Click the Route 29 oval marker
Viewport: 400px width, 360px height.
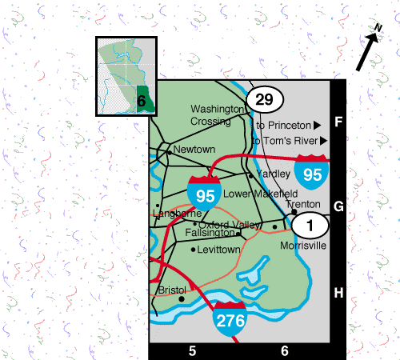pos(264,99)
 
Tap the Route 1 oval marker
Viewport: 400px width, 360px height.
pos(308,224)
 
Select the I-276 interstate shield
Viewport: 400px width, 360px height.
pos(229,318)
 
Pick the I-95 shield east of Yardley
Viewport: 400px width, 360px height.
pos(311,170)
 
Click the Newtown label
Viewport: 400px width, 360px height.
pos(195,150)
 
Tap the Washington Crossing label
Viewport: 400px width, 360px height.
pos(217,115)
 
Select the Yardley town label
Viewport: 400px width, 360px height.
pos(273,174)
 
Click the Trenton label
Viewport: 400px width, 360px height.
pos(303,204)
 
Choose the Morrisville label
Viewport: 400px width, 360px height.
pos(303,246)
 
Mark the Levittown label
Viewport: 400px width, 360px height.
pos(219,250)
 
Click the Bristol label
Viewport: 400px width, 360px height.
pos(172,290)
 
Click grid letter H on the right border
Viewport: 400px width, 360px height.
pos(338,293)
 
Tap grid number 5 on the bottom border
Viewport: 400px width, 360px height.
pos(192,350)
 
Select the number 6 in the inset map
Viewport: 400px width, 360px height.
pos(141,101)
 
